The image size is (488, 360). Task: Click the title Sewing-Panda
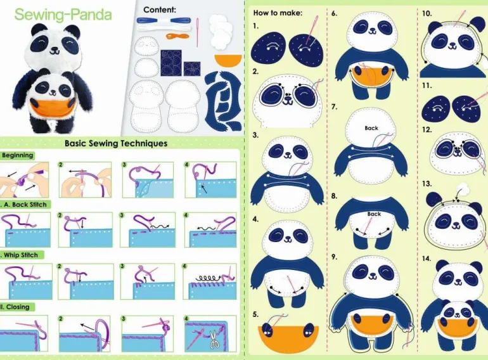[x=63, y=15]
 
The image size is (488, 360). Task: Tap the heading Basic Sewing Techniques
[x=116, y=143]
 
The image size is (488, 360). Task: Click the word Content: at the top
[x=160, y=10]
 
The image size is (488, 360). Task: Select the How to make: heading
[x=278, y=13]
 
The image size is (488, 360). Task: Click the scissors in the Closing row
[x=214, y=340]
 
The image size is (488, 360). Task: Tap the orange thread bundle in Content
[x=177, y=36]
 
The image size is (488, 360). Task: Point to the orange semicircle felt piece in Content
[x=228, y=60]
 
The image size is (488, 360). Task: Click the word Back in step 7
[x=371, y=128]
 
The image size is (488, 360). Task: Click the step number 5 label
[x=255, y=314]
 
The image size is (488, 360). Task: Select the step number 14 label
[x=427, y=259]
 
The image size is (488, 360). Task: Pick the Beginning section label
[x=17, y=155]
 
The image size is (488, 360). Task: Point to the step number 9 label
[x=334, y=257]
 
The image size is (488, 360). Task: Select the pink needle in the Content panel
[x=197, y=32]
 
